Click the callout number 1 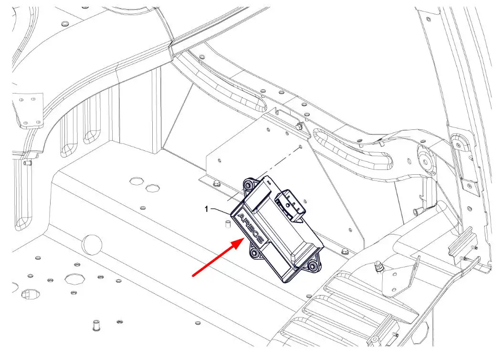pos(207,209)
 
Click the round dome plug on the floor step pos(92,244)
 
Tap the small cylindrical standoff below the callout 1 pos(228,224)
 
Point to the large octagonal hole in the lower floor pos(74,278)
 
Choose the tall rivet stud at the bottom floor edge pos(95,325)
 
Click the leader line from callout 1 pos(221,211)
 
